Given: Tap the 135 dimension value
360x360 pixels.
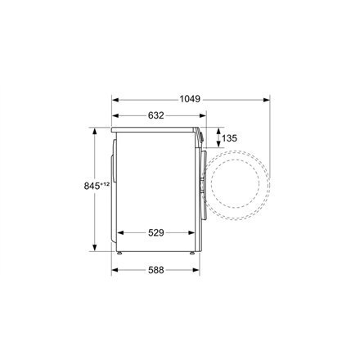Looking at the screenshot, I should [x=230, y=139].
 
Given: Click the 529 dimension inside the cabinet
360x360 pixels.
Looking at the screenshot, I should [x=155, y=232].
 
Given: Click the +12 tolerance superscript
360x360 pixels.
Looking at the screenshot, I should [x=83, y=185].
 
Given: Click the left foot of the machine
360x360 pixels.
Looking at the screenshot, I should [x=121, y=253].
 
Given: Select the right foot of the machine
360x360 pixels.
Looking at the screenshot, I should [x=192, y=253].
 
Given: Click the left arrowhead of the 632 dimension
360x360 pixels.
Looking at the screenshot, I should [x=115, y=116].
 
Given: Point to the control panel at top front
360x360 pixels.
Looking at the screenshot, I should [x=198, y=139].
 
